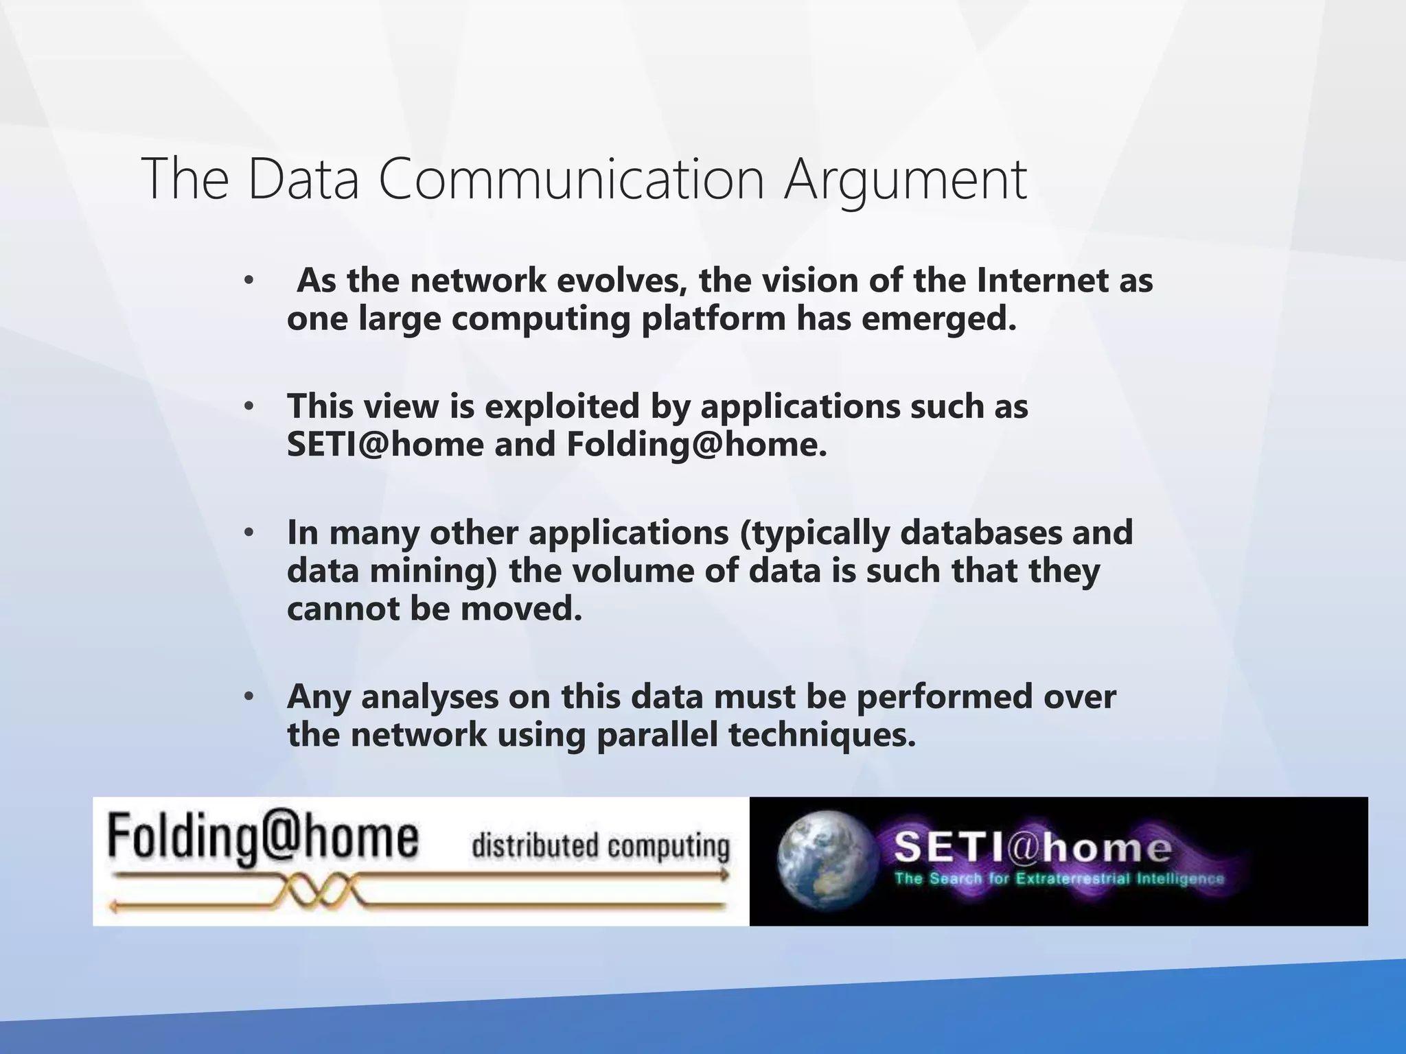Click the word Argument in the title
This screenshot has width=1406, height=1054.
point(906,180)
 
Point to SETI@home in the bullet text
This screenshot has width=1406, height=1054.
point(385,445)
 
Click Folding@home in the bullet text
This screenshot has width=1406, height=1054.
point(696,445)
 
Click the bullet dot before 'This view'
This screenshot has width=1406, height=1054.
point(249,406)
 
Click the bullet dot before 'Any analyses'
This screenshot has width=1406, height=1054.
point(249,697)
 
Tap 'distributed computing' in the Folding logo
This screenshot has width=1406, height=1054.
point(600,846)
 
